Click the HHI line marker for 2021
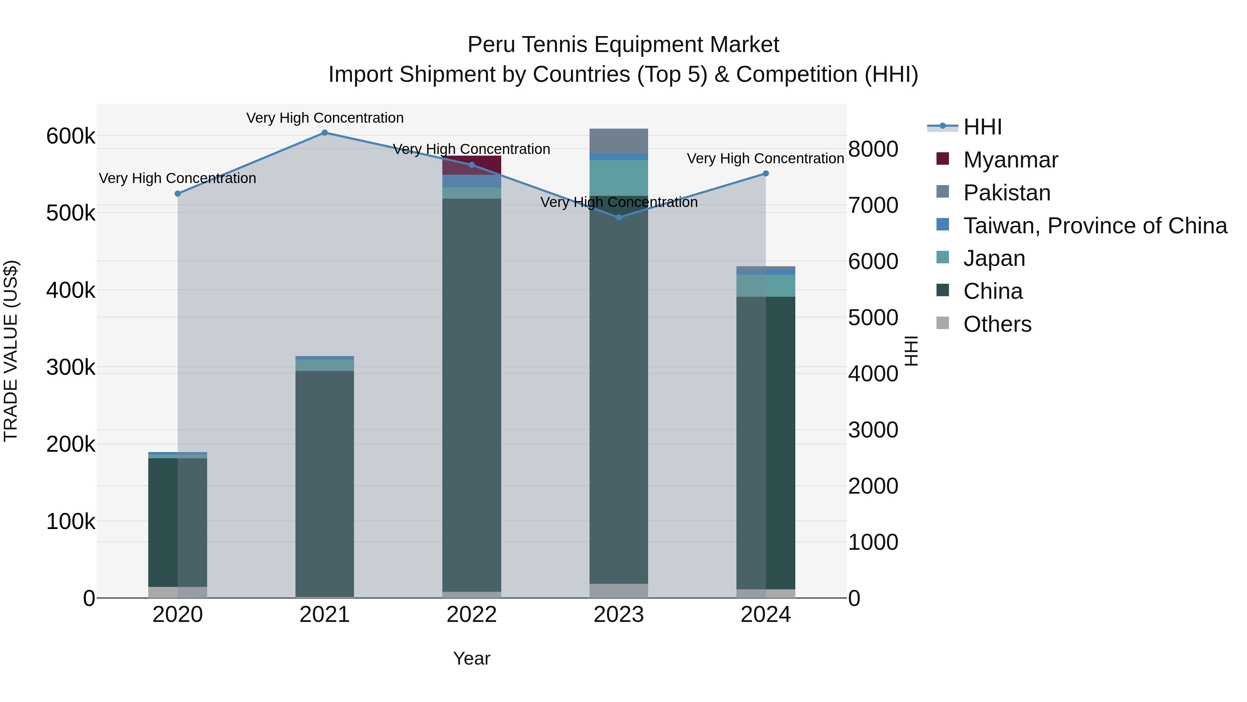coord(325,133)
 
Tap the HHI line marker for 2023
coord(619,217)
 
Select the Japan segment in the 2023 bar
coord(619,178)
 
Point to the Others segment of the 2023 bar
coord(619,591)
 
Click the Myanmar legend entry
coord(1010,160)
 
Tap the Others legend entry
coord(997,324)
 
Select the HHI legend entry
coord(982,127)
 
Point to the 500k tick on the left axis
coord(71,213)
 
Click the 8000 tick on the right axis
coord(873,149)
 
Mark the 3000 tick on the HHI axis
coord(873,430)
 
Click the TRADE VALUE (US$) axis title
coord(11,351)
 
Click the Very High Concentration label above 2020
coord(178,178)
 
